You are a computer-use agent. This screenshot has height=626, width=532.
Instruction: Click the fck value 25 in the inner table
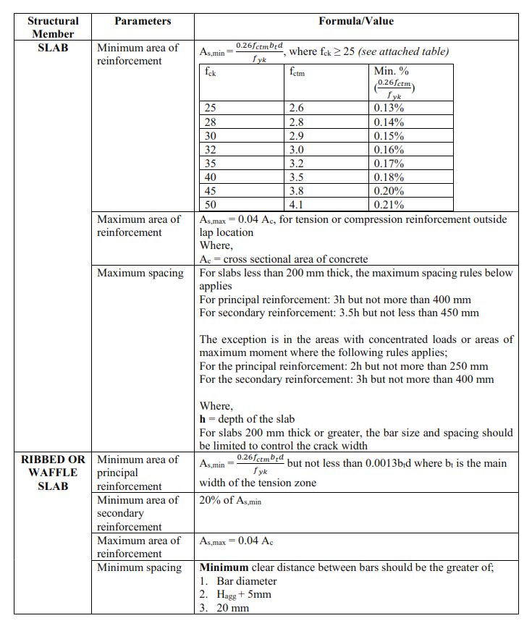point(211,109)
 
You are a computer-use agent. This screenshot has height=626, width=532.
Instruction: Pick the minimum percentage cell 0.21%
point(389,205)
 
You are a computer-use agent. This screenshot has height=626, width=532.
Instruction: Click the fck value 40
point(211,177)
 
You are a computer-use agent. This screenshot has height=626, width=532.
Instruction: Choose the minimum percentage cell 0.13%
point(389,109)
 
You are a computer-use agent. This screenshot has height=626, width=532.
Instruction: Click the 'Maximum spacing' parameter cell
point(139,274)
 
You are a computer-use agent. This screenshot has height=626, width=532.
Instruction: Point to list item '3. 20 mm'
point(224,608)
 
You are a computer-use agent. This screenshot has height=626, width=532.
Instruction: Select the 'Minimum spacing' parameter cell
point(139,567)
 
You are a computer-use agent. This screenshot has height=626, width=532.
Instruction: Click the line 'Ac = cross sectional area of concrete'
point(283,259)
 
